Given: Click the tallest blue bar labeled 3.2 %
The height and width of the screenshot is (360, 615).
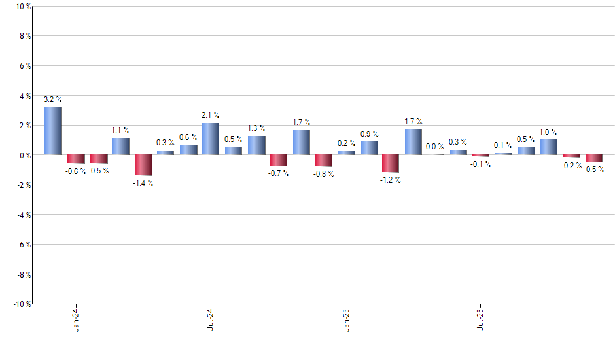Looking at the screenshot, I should pos(53,131).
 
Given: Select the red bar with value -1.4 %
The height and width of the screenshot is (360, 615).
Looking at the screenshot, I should pos(143,165).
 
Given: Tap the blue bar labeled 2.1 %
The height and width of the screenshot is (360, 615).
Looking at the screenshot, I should pos(211,139).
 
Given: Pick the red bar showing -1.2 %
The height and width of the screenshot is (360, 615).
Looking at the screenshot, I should pos(391,164).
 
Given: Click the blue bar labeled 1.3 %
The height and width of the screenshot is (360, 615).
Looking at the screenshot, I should pos(256,145).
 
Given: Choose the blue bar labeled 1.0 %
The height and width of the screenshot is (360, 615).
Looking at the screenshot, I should pos(549,147).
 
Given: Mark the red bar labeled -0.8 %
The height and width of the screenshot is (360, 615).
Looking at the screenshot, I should pos(324,160).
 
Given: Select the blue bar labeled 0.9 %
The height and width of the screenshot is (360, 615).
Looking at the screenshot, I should pos(369,148).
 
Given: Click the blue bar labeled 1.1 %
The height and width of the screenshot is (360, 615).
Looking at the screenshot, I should pos(120,147).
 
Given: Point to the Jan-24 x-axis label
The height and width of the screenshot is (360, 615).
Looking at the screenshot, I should pos(76,319).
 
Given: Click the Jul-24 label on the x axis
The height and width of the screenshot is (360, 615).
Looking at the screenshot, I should pos(211,319).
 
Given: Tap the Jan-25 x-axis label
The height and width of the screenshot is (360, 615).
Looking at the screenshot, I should pos(346,319).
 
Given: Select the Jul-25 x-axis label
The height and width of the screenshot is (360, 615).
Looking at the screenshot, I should pos(481,319).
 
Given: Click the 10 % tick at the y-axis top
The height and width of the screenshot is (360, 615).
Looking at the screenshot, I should pos(22,7).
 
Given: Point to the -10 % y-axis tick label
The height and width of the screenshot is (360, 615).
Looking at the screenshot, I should pos(20,304).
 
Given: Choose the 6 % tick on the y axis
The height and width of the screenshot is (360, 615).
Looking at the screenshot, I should pos(24,66).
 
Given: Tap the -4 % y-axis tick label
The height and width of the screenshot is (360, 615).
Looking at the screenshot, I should pos(22,215).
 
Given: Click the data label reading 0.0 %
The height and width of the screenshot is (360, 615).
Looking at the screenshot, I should pos(434,147).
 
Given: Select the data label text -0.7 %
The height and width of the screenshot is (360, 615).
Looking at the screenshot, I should pos(279,173).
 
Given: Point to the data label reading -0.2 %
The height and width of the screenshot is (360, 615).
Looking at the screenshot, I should pos(571,165).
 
